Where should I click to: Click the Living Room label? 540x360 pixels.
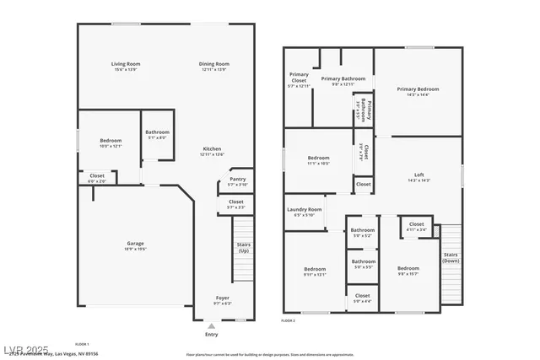(126, 64)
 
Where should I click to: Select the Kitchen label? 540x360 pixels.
(212, 149)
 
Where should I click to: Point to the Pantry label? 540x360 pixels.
(237, 179)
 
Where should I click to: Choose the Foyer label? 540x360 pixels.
(223, 298)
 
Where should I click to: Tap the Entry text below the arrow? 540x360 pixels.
(211, 335)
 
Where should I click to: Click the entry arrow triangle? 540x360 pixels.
(211, 325)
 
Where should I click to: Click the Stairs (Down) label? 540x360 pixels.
(451, 257)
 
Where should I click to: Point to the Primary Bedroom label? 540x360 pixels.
(418, 89)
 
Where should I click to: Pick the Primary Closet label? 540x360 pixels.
(299, 78)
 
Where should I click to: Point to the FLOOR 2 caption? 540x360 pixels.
(289, 321)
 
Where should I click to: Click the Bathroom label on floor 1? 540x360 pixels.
(157, 132)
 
